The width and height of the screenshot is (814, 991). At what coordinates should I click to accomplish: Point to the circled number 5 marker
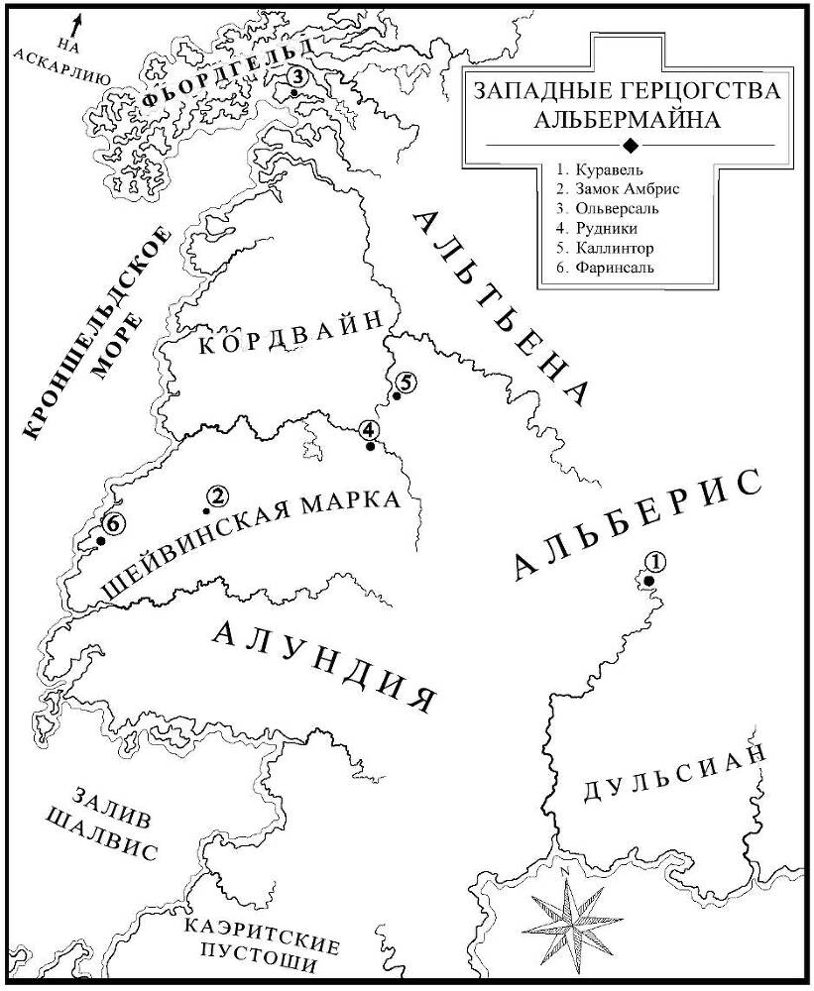(405, 382)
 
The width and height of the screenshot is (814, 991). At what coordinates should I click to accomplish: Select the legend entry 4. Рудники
(591, 228)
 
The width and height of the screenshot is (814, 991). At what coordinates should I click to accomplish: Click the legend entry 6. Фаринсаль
(606, 268)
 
